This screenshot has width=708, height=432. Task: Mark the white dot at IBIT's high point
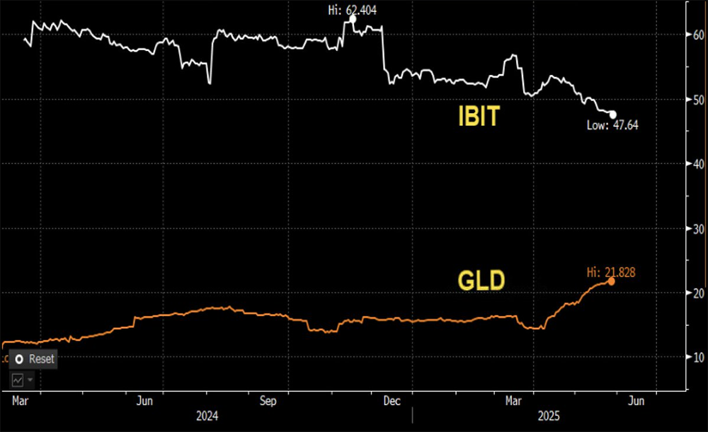point(353,18)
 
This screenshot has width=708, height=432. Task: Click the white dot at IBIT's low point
point(613,115)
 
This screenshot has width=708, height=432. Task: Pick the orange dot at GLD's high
point(611,281)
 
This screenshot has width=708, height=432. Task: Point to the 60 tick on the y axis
point(699,35)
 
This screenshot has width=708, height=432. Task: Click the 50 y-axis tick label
point(699,100)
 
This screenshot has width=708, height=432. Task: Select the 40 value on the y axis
point(699,164)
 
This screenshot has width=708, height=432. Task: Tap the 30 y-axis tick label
point(699,229)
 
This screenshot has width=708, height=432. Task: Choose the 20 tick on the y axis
point(699,293)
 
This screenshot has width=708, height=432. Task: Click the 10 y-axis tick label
point(699,357)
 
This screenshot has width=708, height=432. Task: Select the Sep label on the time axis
point(268,402)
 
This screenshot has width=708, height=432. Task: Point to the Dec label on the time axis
point(391,402)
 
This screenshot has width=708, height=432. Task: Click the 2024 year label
point(206,416)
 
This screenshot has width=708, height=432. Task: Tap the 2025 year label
point(548,416)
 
